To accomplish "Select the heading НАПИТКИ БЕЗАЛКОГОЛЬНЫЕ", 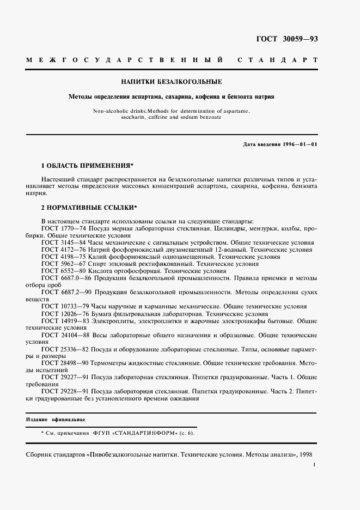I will coord(171,82).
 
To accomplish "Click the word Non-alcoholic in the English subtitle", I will coord(112,111).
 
